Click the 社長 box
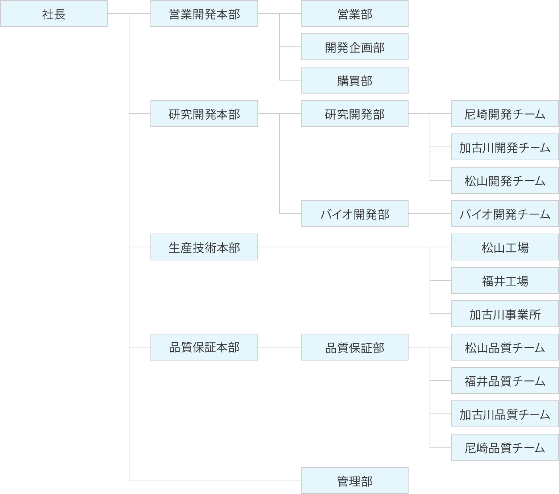[x=54, y=13]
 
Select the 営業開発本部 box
[x=204, y=13]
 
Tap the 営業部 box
[x=355, y=13]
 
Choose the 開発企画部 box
[x=355, y=47]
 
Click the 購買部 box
[x=355, y=80]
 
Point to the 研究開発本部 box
[x=204, y=114]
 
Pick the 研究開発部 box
[x=355, y=114]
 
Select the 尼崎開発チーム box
[x=505, y=114]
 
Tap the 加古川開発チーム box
[x=505, y=147]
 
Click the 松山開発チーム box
[x=505, y=180]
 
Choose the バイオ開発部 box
[x=355, y=214]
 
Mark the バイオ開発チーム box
[x=505, y=214]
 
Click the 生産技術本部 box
[x=204, y=247]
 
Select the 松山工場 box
[x=505, y=247]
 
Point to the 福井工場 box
[x=505, y=280]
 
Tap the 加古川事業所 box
[x=505, y=314]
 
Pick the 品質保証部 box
[x=355, y=347]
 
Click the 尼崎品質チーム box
[x=505, y=447]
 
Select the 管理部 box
[x=355, y=481]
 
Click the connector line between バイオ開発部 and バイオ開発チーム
[x=430, y=214]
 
